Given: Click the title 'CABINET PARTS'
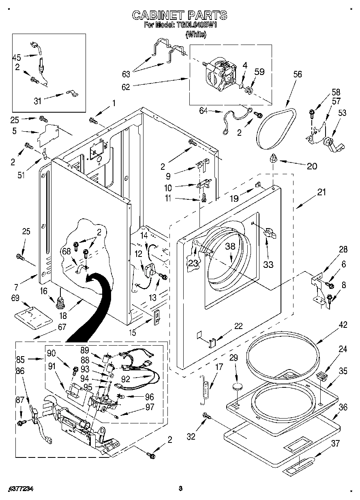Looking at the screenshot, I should coord(180,15).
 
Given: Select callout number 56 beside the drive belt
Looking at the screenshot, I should coord(298,74).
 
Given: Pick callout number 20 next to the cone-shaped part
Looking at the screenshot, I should coord(312,166).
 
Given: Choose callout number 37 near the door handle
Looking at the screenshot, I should coord(335,444).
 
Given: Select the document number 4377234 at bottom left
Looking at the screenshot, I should coord(20,489).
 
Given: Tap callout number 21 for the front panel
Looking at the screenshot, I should coord(321,193).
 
